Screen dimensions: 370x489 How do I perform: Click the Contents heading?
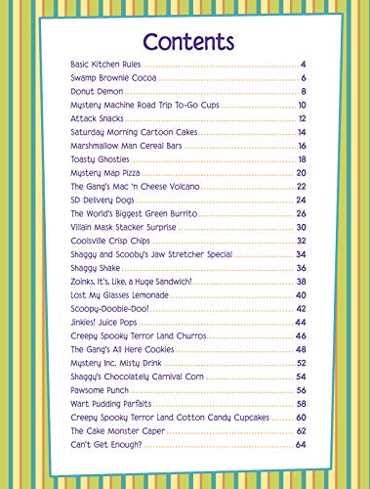point(187,42)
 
